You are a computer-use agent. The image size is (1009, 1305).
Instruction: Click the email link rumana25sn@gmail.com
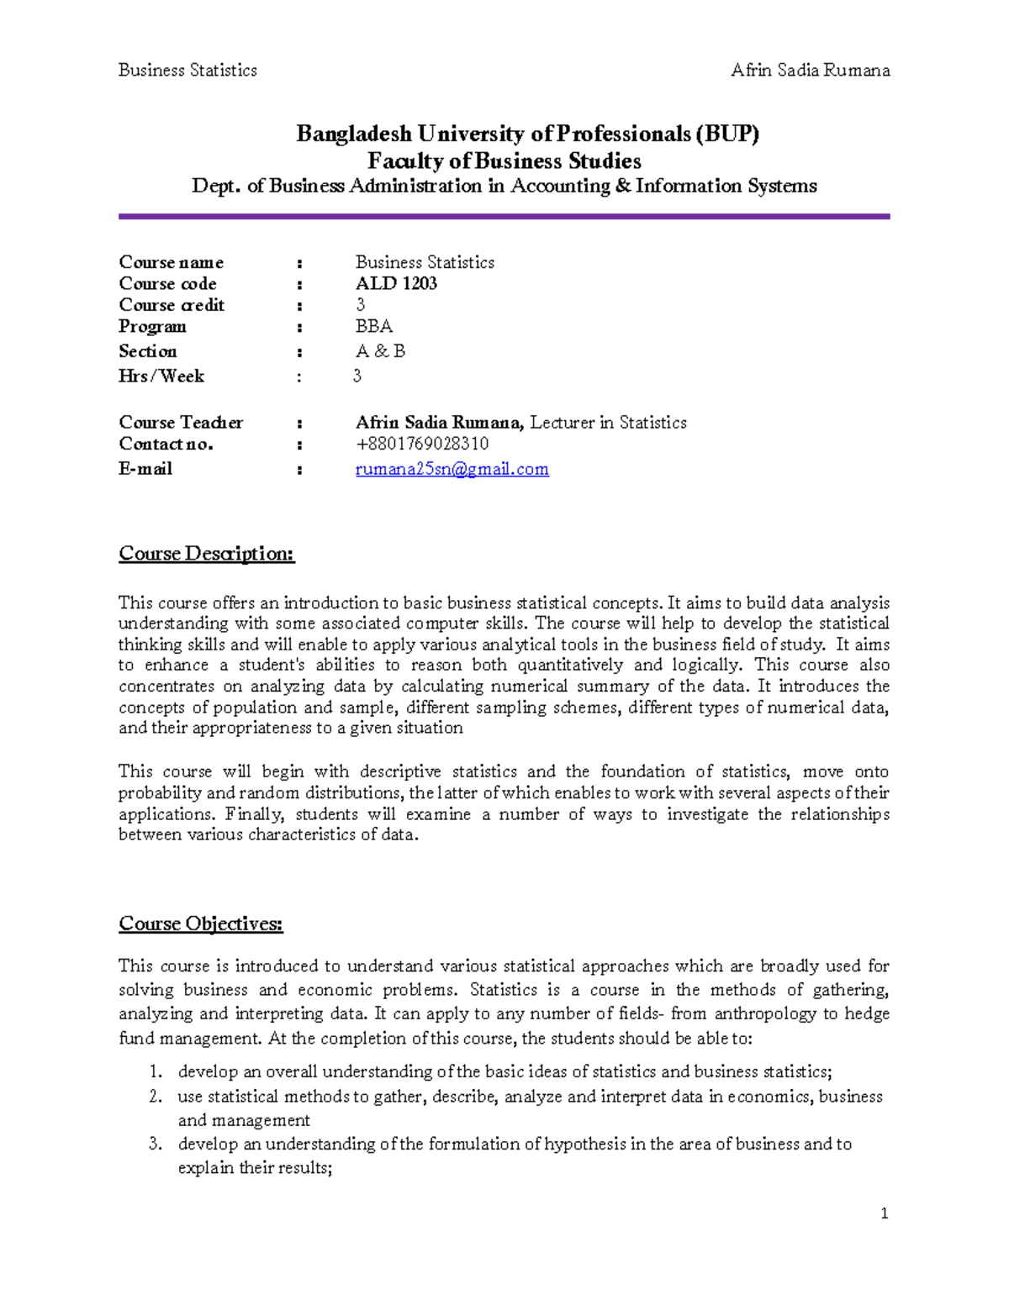click(452, 469)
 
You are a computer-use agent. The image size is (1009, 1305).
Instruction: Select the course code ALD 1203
click(396, 283)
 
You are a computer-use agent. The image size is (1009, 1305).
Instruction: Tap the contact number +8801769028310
click(422, 444)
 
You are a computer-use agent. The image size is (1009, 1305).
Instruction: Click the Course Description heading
click(207, 554)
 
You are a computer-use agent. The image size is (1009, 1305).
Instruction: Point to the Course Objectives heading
click(201, 924)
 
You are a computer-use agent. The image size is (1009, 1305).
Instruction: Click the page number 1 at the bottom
click(884, 1213)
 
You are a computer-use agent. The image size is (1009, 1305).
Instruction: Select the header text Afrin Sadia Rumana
click(810, 71)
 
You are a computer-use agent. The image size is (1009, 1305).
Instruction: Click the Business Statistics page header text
click(188, 71)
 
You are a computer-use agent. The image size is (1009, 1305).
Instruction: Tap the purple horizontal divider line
click(504, 217)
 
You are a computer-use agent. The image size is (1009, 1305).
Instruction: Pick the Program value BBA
click(374, 326)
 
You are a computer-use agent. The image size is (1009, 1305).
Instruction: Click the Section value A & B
click(380, 351)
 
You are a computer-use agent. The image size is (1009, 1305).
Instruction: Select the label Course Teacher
click(181, 423)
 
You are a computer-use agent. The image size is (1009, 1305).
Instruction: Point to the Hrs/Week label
click(161, 376)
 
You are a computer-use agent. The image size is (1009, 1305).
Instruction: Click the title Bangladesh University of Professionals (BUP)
click(527, 134)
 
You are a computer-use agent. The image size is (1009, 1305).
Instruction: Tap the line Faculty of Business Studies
click(504, 160)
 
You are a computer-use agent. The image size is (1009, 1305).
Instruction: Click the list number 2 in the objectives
click(155, 1097)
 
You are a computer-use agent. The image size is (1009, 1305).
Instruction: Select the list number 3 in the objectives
click(155, 1145)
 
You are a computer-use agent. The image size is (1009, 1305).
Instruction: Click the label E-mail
click(145, 469)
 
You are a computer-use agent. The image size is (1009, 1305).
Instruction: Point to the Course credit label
click(172, 305)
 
